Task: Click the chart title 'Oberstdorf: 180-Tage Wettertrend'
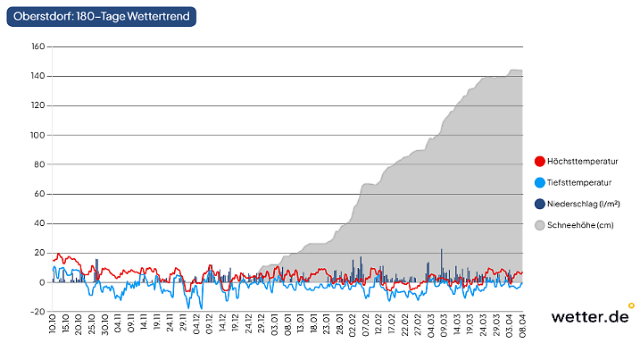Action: [101, 16]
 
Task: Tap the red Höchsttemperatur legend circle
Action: [539, 162]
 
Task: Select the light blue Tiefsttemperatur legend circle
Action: [539, 183]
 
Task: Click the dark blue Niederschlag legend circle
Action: [539, 205]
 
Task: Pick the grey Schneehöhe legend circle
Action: [539, 226]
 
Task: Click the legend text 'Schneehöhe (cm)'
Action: [581, 226]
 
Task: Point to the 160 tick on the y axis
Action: [37, 46]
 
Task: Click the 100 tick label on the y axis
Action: [37, 135]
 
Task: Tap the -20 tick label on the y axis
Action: [37, 312]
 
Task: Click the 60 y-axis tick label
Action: [39, 194]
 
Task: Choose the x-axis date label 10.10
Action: [54, 324]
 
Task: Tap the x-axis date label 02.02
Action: [353, 324]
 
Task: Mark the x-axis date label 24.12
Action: [249, 324]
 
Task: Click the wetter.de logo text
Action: [589, 317]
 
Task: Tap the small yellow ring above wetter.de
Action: [631, 306]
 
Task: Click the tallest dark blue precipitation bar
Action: [442, 266]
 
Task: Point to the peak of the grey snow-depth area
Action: [513, 70]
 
